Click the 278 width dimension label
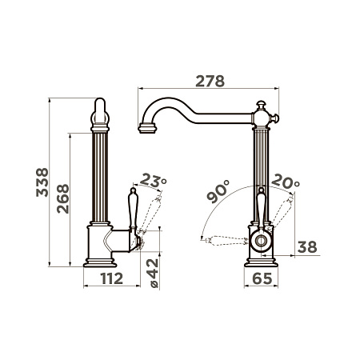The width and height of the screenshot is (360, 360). click(x=210, y=82)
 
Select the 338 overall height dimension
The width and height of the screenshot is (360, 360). click(x=42, y=182)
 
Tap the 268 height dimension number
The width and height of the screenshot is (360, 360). click(x=63, y=198)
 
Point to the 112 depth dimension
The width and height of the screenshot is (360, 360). click(x=112, y=278)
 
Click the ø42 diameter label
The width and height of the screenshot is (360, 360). click(x=154, y=274)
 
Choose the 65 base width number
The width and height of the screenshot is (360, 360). click(x=262, y=278)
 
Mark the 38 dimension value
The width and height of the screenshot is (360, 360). click(x=307, y=247)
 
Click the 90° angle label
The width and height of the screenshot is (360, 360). click(x=218, y=192)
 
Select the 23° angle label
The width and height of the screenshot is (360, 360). click(x=153, y=180)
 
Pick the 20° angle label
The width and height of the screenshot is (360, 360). click(x=286, y=181)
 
